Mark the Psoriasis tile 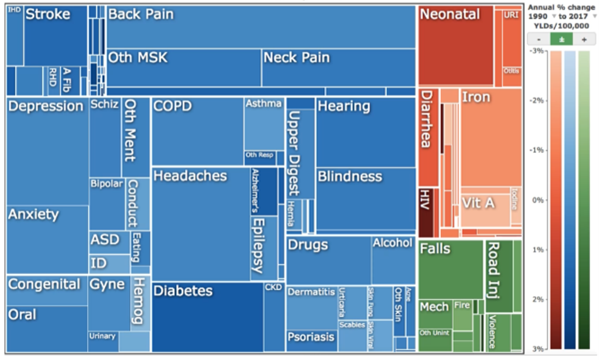(x=311, y=337)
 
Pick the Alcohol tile (x=392, y=255)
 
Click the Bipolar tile (x=106, y=202)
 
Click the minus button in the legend (x=538, y=40)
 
